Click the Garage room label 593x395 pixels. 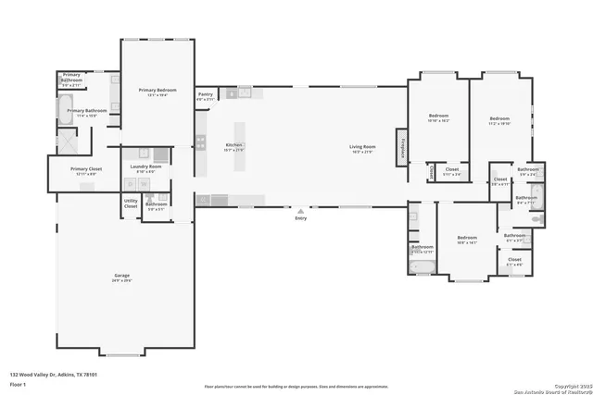pyautogui.click(x=122, y=276)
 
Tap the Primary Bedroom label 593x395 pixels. pyautogui.click(x=158, y=91)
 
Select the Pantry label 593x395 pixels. pyautogui.click(x=206, y=94)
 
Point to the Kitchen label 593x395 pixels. pyautogui.click(x=234, y=146)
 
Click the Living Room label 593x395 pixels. pyautogui.click(x=361, y=147)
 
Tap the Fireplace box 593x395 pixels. pyautogui.click(x=402, y=146)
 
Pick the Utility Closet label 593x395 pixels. pyautogui.click(x=131, y=205)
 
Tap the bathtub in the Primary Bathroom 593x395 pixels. pyautogui.click(x=71, y=113)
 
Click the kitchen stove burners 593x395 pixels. pyautogui.click(x=200, y=142)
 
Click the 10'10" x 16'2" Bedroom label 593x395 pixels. pyautogui.click(x=438, y=119)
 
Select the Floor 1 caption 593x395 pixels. pyautogui.click(x=18, y=385)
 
